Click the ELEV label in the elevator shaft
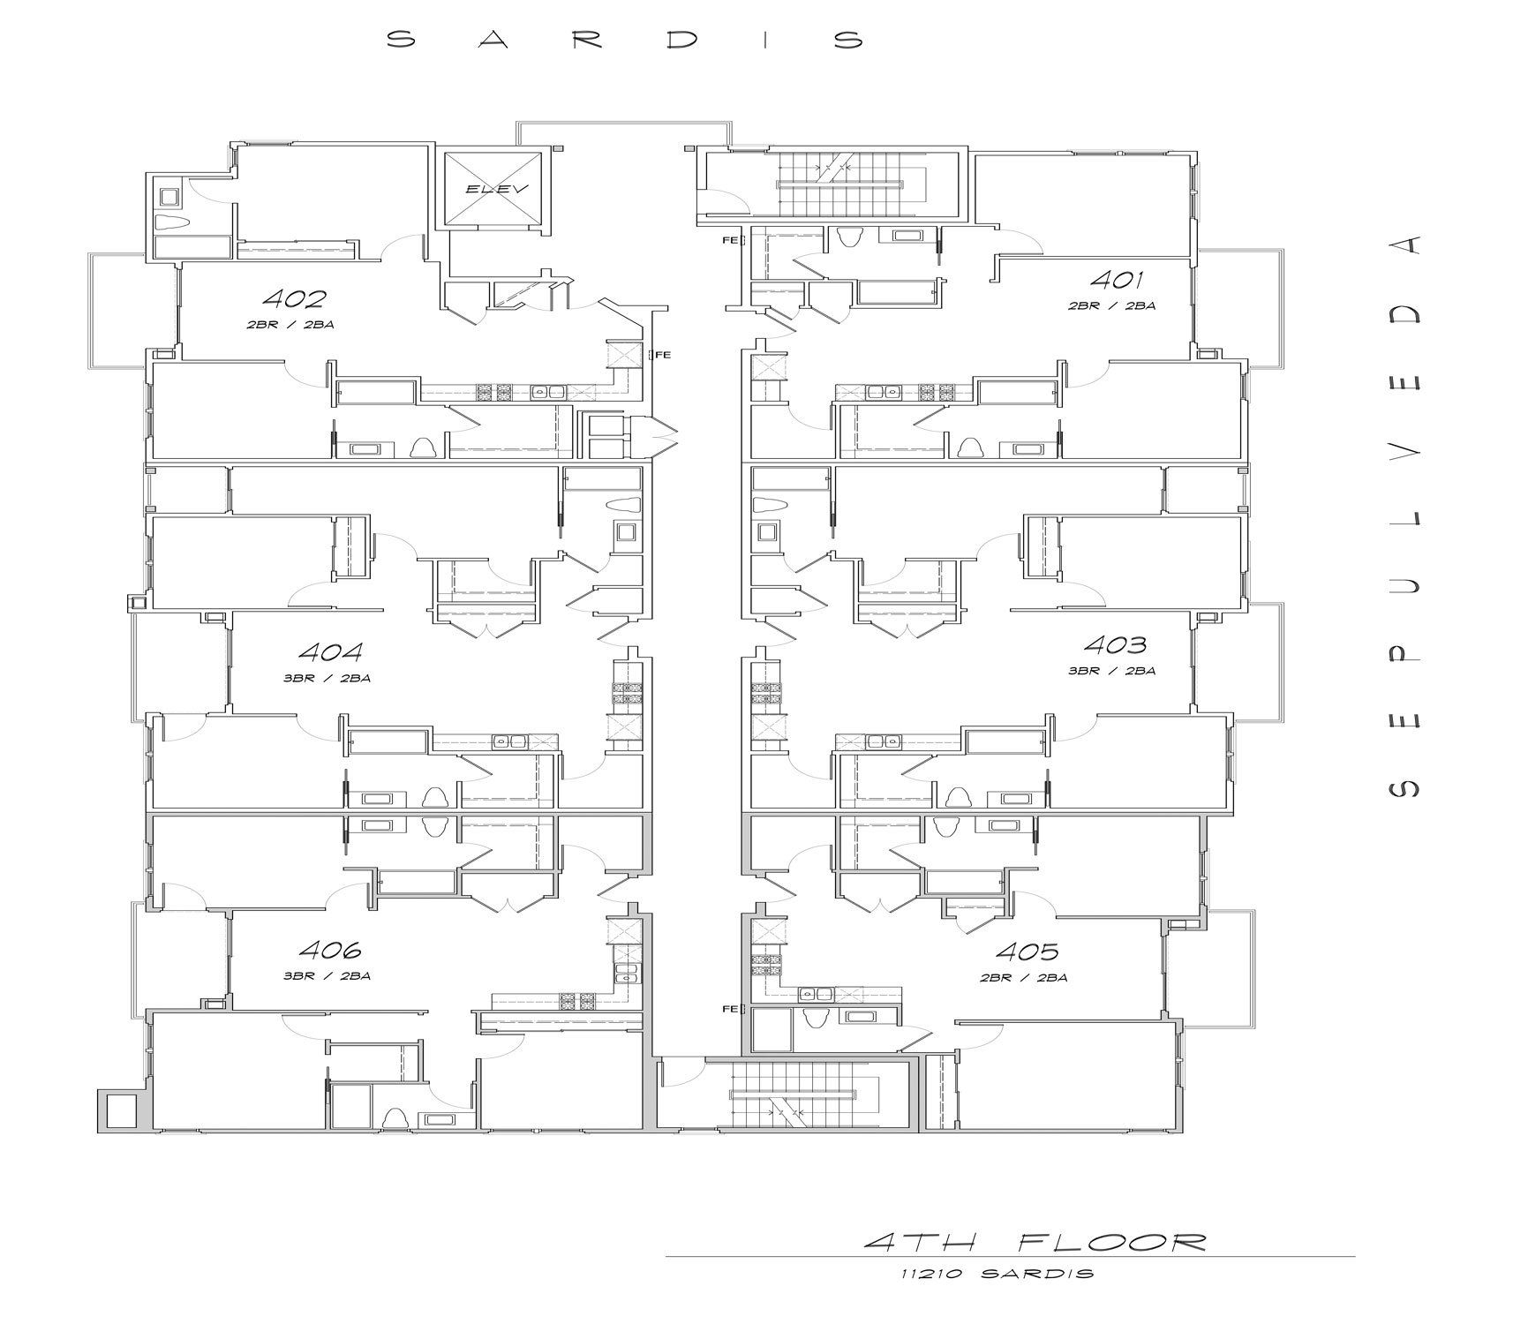(496, 189)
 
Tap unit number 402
(294, 298)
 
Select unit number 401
(1117, 280)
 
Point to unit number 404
(330, 652)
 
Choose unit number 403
(1115, 644)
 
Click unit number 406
(330, 950)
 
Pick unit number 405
(1027, 952)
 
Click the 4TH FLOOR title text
(1035, 1243)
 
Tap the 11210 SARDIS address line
(997, 1273)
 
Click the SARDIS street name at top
(625, 40)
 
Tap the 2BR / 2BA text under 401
(1112, 306)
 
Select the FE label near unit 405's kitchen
(730, 1009)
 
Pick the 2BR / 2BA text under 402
(290, 325)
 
